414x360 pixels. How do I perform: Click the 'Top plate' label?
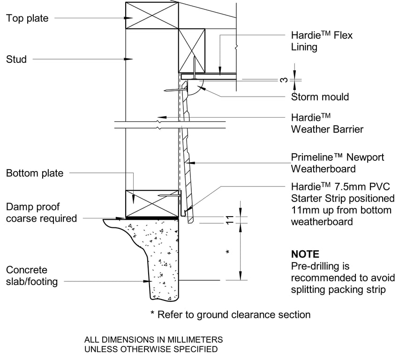point(27,18)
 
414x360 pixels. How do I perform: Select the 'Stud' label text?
point(16,59)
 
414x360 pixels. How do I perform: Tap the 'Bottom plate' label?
point(34,173)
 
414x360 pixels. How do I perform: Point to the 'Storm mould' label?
point(320,97)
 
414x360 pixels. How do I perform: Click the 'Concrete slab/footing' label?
point(32,276)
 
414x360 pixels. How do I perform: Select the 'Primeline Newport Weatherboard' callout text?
point(337,163)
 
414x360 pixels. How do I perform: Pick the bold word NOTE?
point(305,255)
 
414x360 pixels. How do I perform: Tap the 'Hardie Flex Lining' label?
point(322,41)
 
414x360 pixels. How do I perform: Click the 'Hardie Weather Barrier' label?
point(327,123)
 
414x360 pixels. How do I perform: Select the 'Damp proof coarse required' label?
point(41,212)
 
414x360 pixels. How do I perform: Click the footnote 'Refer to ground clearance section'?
point(230,315)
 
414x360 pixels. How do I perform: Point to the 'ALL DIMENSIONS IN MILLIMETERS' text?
point(153,339)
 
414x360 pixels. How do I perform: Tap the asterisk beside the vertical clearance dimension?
point(227,253)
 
